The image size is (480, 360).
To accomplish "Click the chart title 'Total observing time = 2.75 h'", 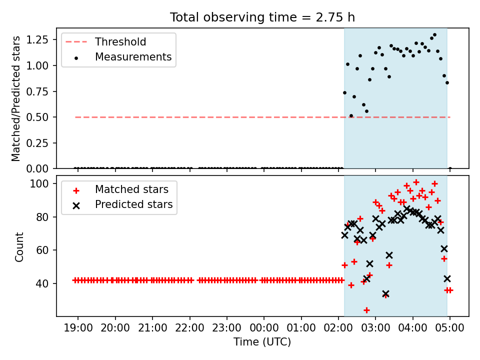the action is (262, 17).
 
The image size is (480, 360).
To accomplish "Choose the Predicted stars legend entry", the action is (122, 204).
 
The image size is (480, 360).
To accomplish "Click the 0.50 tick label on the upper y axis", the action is (37, 117).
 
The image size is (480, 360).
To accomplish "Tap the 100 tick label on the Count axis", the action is (39, 183).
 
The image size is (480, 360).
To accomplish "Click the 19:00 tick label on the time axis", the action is (78, 328).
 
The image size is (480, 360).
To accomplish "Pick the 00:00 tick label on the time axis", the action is (264, 328).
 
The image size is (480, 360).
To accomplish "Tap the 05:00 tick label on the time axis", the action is (450, 328).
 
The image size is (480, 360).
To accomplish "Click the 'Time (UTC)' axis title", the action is (262, 341).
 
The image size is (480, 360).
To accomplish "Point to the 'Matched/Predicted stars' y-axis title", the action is (15, 98).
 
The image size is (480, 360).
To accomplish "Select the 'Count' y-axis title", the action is (19, 247).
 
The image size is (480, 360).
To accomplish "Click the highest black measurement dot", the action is (434, 35).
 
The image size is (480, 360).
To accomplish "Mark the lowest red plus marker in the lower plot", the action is (366, 310).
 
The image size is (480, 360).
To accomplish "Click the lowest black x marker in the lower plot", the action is (385, 294).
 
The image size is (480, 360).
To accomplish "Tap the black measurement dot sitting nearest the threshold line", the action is (351, 115).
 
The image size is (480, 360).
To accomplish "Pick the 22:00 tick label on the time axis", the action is (190, 328).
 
